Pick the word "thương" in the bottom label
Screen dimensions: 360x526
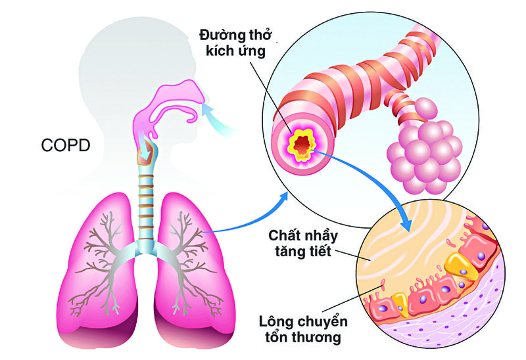320,338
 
